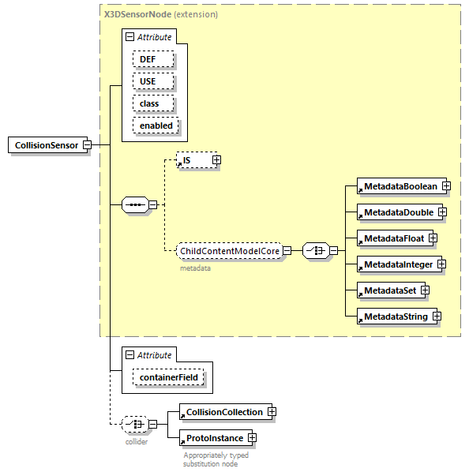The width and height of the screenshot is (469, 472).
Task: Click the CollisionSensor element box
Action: click(x=46, y=145)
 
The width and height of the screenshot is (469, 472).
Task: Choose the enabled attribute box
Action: click(x=156, y=125)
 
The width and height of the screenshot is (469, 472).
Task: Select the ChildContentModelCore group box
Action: click(x=230, y=251)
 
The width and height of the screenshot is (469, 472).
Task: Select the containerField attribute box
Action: click(x=169, y=378)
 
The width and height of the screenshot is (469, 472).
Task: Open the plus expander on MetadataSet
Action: click(x=425, y=290)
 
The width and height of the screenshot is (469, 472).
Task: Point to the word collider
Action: click(x=137, y=441)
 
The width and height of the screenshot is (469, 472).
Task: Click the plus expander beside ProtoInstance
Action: click(x=252, y=437)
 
